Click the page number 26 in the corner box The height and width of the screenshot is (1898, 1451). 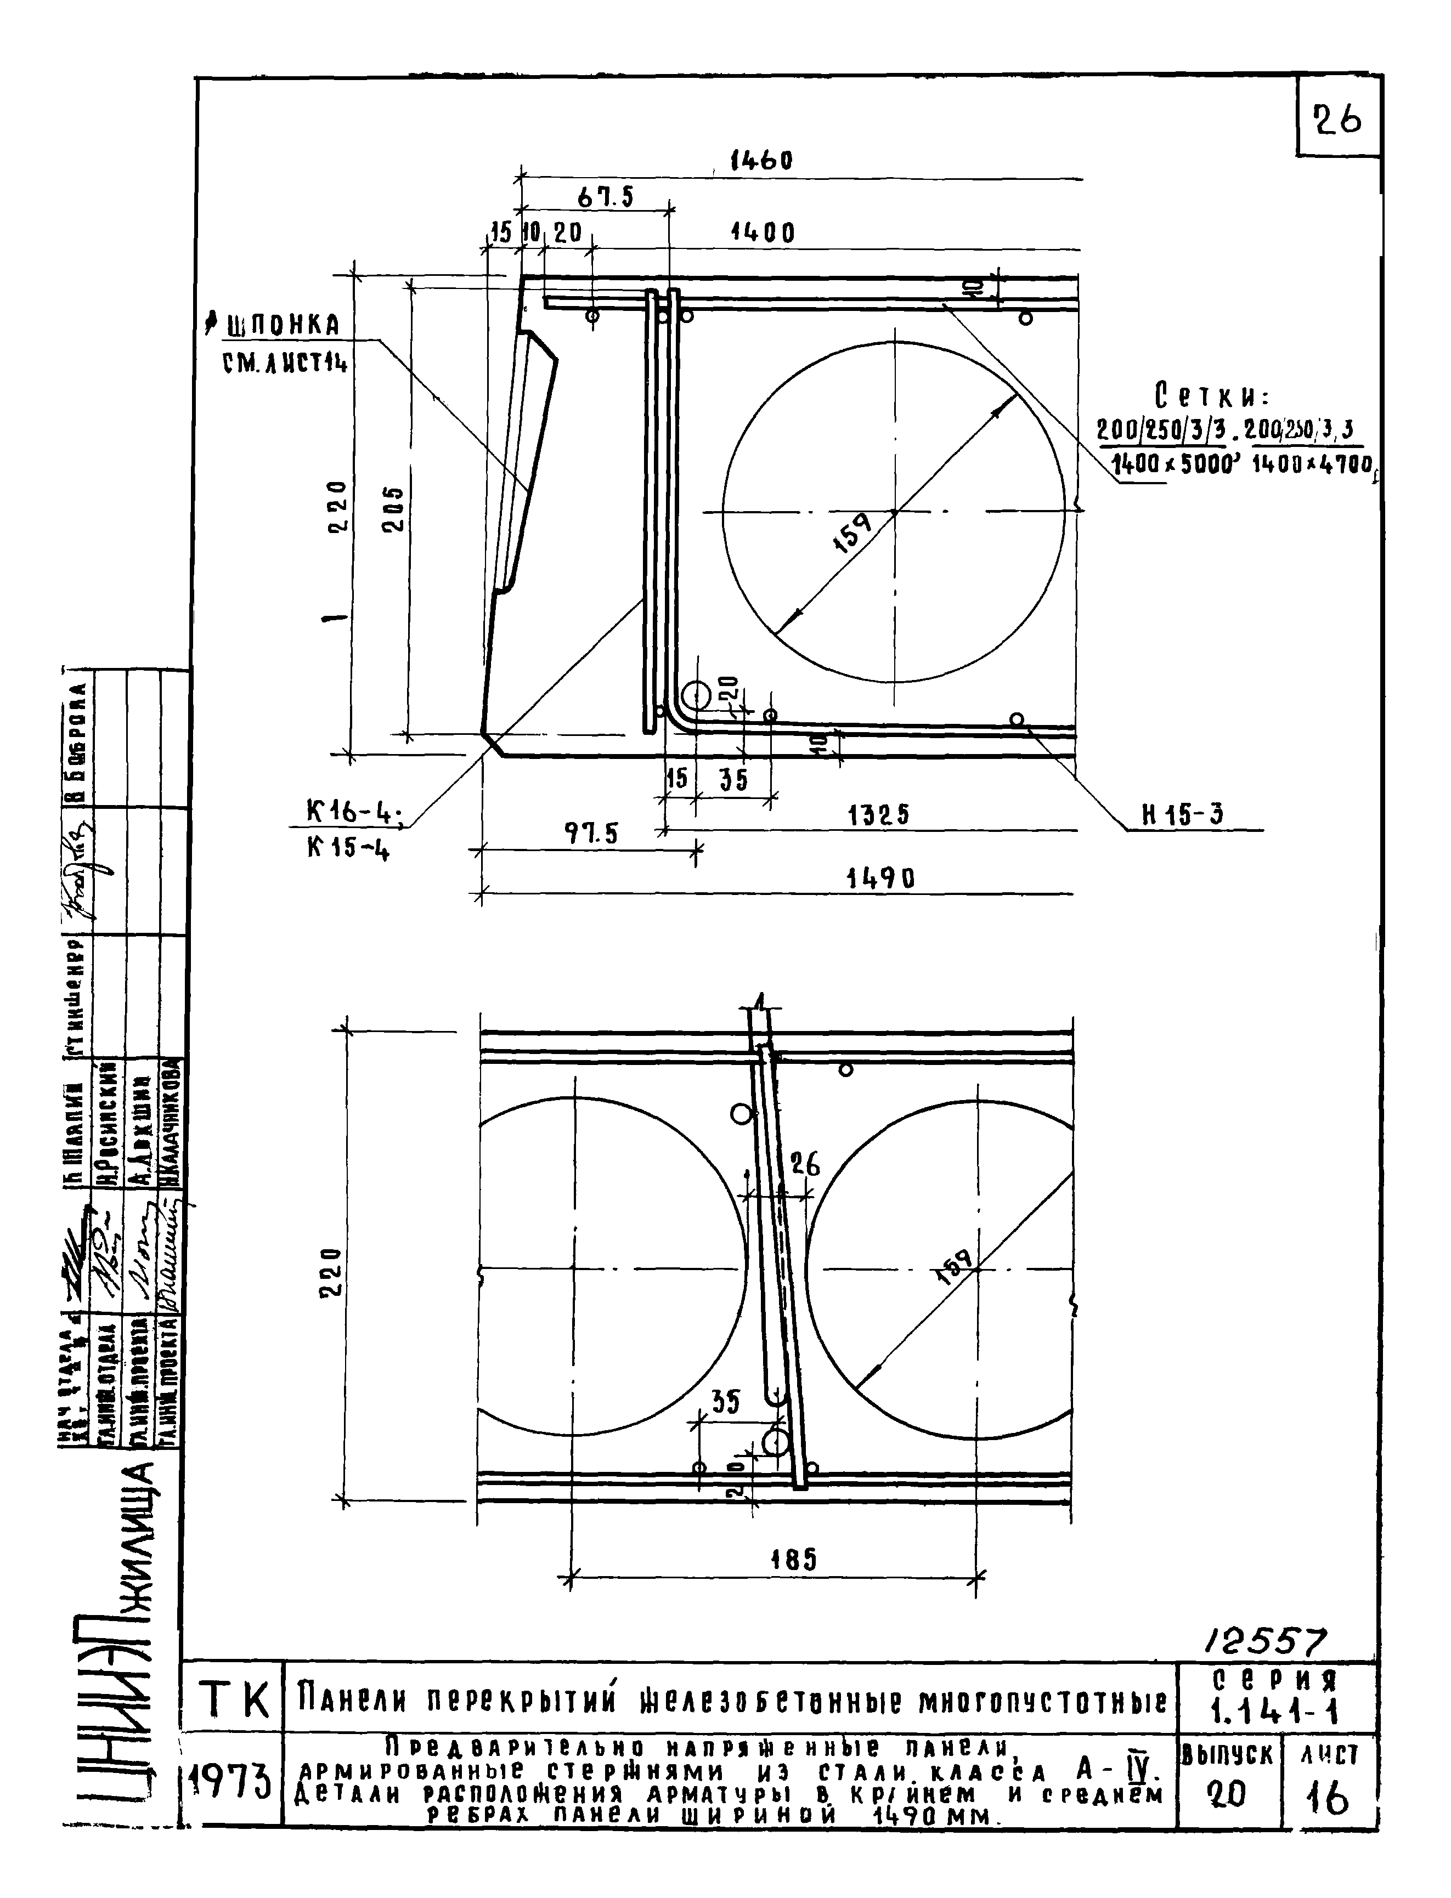coord(1336,119)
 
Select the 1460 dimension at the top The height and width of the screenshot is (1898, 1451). coord(760,161)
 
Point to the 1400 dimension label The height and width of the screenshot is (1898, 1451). coord(762,233)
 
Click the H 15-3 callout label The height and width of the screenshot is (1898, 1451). coord(1182,815)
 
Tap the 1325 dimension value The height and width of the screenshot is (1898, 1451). coord(878,815)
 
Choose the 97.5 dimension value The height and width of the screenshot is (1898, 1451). coord(592,834)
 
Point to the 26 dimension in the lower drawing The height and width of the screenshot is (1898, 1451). coord(805,1165)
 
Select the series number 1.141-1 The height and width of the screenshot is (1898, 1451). coord(1275,1710)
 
